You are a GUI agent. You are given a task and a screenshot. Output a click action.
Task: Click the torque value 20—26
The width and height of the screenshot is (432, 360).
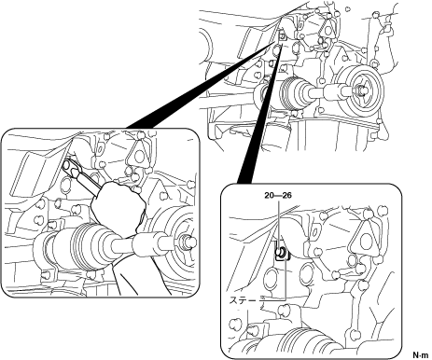pos(278,196)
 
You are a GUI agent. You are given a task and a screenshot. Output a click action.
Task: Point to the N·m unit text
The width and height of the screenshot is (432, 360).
pos(421,354)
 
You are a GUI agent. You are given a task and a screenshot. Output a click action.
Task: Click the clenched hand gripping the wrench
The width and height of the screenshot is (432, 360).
pos(118,208)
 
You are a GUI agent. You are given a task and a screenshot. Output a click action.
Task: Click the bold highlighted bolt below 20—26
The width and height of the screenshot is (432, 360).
pos(281,252)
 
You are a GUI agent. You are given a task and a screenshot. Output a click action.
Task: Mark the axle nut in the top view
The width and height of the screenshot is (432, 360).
pos(361,90)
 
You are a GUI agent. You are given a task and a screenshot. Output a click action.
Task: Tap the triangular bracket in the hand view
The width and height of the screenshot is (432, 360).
pos(138,156)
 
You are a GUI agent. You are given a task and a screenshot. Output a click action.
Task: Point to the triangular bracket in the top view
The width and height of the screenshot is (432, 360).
pos(328,30)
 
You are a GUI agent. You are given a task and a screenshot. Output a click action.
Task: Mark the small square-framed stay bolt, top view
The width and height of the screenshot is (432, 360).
pos(282,36)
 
